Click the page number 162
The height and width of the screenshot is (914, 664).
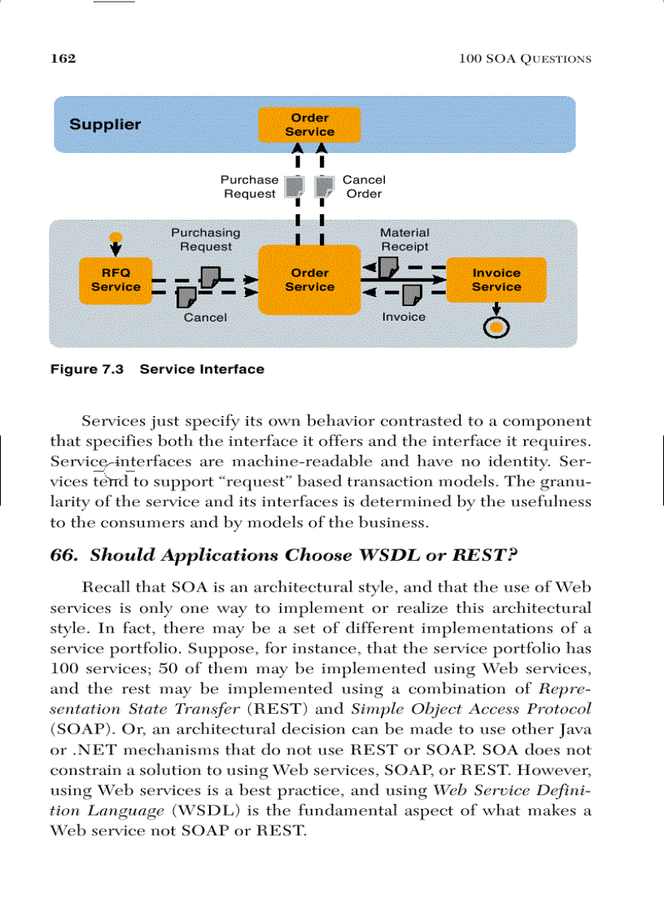[x=63, y=59]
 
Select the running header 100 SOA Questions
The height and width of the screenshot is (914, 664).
[x=524, y=59]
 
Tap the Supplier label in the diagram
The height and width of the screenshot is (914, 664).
[x=105, y=125]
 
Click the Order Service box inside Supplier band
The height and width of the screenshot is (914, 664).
[x=309, y=125]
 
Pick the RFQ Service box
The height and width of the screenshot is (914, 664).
[x=116, y=280]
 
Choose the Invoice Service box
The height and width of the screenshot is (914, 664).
[x=496, y=280]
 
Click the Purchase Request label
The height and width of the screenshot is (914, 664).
[x=250, y=186]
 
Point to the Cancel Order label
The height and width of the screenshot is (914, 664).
[x=364, y=186]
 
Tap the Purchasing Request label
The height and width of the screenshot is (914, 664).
[x=206, y=239]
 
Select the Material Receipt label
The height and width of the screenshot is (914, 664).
[x=404, y=239]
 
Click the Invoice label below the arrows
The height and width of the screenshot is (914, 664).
[x=404, y=317]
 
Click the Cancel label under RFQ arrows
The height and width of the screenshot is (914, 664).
[x=205, y=317]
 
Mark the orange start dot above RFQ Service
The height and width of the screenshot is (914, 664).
[x=116, y=237]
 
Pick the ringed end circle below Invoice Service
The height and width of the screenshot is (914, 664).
[x=496, y=327]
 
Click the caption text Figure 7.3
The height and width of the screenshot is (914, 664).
[x=87, y=370]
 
